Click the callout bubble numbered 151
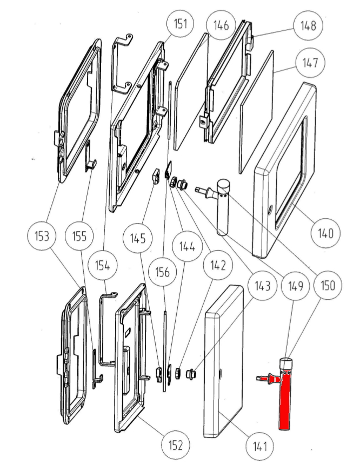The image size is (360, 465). tap(180, 24)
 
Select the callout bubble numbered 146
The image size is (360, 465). tap(221, 25)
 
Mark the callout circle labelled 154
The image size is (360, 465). tap(103, 265)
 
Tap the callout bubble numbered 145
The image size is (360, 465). tap(138, 236)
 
